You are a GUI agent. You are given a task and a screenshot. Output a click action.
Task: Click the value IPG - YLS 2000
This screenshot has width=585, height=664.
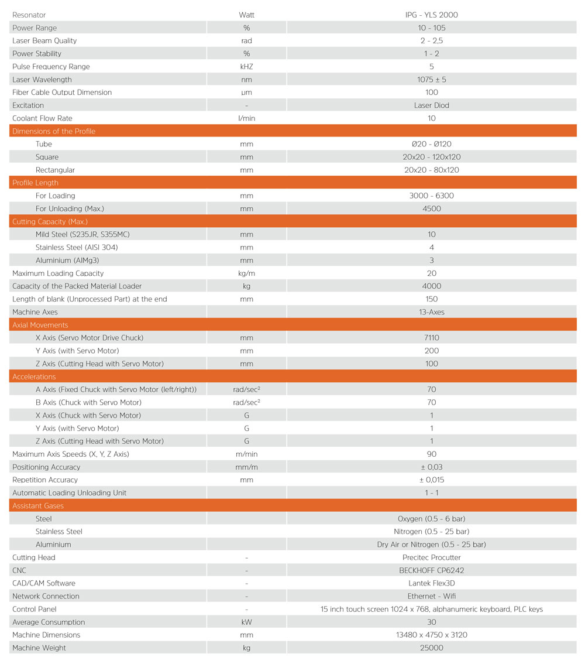coord(431,15)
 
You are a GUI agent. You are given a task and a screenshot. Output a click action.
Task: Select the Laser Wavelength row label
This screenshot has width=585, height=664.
coord(42,80)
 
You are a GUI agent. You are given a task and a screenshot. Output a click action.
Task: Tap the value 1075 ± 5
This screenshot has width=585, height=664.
coord(431,80)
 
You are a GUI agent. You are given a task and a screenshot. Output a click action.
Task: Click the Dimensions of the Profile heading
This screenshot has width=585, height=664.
coord(54,131)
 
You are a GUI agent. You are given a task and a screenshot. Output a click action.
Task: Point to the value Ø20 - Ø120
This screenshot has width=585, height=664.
coord(431,144)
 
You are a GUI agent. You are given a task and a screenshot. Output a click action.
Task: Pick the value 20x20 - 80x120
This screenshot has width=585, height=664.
coord(431,170)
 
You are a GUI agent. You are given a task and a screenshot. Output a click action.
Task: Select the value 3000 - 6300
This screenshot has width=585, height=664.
coord(431,196)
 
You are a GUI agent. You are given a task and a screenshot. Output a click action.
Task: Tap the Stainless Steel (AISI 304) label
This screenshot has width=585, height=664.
coord(77,247)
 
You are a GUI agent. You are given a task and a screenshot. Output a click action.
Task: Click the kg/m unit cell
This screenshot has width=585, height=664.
coord(246,273)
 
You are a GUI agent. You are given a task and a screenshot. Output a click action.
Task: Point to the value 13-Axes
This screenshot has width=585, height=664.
coord(431,312)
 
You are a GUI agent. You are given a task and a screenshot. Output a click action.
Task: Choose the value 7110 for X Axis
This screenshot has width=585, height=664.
coord(431,338)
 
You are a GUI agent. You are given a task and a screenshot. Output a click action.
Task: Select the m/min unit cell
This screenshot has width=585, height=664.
coord(246,454)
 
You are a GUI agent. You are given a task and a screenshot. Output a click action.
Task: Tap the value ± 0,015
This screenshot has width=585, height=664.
coord(431,480)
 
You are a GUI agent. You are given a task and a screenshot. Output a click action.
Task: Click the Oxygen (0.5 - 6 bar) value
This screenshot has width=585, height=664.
coord(431,519)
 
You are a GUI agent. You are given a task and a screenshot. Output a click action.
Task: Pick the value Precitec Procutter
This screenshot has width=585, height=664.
coord(431,557)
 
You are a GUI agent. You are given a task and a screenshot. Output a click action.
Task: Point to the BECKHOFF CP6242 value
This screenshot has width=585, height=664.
coord(431,570)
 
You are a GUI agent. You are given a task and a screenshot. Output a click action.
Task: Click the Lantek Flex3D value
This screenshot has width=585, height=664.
coord(431,583)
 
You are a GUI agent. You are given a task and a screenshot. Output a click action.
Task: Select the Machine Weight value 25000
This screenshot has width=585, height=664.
coord(431,648)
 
